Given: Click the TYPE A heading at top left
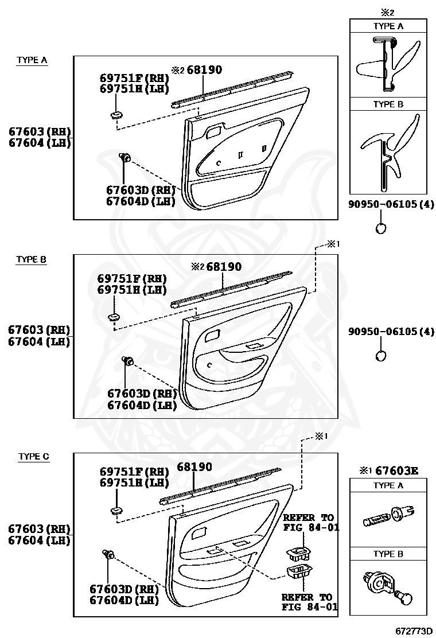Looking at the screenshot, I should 32,60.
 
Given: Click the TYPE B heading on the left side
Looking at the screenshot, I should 32,259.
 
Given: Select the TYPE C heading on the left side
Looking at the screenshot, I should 34,457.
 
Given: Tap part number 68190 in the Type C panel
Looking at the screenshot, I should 194,467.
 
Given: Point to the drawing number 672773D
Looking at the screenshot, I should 413,631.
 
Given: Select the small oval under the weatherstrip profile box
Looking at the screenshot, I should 381,228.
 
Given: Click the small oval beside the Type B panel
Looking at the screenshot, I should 381,356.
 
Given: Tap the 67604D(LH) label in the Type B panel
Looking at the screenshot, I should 142,405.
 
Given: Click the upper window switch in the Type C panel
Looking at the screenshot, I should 297,554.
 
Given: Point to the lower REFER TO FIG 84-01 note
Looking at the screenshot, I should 307,602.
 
